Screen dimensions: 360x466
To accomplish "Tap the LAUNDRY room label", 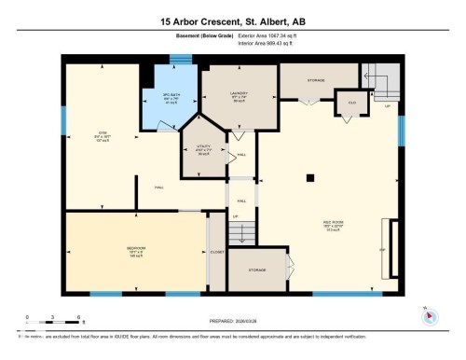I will (x=236, y=95).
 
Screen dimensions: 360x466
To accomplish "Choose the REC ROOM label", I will (x=333, y=223).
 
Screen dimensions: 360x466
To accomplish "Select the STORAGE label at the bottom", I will (x=258, y=269).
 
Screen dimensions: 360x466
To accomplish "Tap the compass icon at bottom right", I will (x=428, y=314).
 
